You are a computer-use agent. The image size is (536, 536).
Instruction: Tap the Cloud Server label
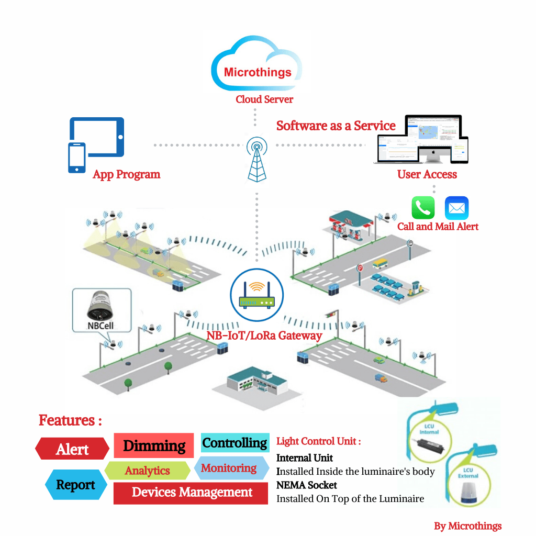point(264,99)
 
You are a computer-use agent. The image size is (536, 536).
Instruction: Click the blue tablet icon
point(97,137)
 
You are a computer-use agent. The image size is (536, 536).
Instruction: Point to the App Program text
point(126,174)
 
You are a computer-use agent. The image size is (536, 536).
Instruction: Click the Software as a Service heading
point(336,126)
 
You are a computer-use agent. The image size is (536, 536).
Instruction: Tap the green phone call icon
point(423,208)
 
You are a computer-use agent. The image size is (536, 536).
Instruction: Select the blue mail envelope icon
point(456,208)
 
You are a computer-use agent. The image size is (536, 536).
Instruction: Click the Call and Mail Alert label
point(438,227)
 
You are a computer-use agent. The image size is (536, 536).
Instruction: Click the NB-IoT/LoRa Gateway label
point(264,336)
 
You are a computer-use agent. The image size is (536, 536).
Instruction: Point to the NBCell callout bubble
point(100,311)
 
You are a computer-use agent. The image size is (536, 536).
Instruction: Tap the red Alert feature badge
point(72,449)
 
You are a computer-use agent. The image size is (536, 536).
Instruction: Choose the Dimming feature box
point(154,446)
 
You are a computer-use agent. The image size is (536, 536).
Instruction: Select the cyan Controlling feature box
point(235,443)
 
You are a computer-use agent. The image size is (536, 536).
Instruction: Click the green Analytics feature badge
point(148,471)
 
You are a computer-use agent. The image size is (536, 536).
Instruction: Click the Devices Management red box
point(191,493)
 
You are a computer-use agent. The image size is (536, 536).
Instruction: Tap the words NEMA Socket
point(307,485)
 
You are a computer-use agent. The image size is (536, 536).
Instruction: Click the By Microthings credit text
point(467,526)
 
